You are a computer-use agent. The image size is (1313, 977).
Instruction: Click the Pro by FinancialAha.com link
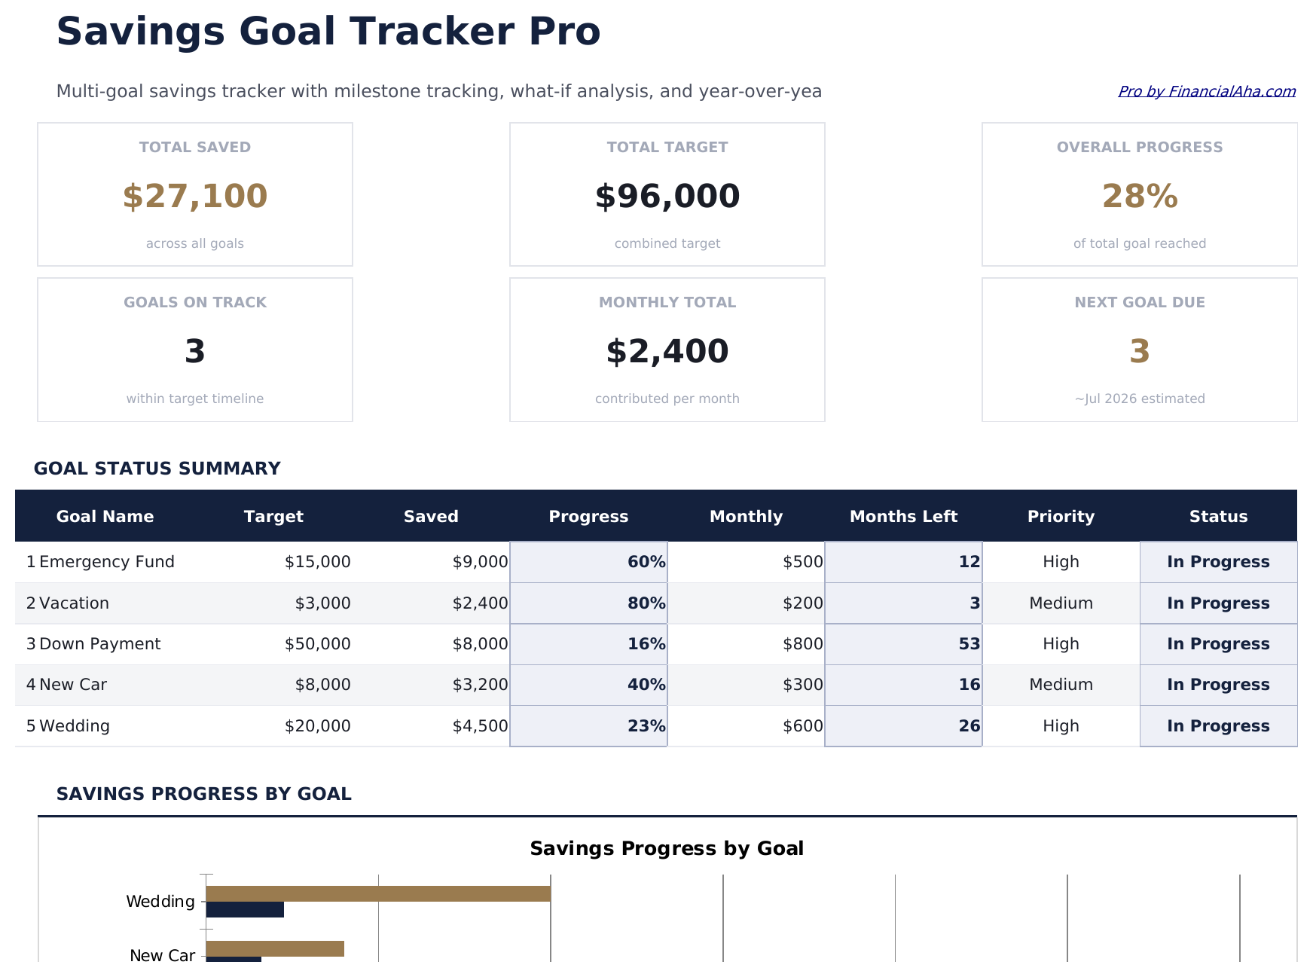coord(1206,91)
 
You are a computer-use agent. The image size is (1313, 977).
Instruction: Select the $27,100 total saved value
coord(195,197)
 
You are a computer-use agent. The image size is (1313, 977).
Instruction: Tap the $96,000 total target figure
coord(667,197)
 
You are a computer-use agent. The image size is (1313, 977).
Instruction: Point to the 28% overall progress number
coord(1139,197)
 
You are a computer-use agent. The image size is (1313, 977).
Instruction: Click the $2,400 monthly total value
coord(667,352)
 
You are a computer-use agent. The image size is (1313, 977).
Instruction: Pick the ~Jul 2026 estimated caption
coord(1139,398)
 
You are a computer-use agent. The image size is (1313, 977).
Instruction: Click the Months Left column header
coord(903,516)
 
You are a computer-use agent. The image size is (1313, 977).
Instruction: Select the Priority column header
coord(1061,516)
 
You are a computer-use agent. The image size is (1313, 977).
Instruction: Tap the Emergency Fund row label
coord(106,562)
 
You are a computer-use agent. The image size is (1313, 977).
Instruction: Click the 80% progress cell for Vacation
coord(646,603)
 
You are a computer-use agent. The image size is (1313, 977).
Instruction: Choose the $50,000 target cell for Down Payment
coord(317,644)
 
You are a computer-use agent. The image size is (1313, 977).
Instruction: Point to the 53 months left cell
coord(969,644)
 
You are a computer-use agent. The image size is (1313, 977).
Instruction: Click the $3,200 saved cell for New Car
coord(480,685)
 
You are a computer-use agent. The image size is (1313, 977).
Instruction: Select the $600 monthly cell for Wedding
coord(802,726)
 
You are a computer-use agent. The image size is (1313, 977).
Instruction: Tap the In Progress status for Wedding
coord(1218,726)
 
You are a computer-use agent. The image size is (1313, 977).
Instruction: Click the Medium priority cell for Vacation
coord(1061,603)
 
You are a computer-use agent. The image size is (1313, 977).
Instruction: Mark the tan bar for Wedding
coord(378,893)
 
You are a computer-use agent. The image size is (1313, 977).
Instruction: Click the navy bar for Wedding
coord(245,909)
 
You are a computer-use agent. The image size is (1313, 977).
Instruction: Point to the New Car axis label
coord(162,955)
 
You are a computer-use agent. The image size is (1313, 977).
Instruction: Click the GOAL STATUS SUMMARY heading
coord(157,469)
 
